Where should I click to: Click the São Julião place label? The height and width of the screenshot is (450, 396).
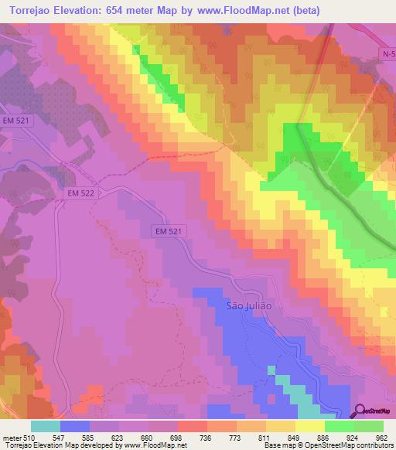click(x=248, y=305)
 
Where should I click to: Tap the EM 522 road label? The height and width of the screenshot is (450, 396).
click(x=80, y=194)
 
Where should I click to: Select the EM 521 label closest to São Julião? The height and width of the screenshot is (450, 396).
click(x=169, y=231)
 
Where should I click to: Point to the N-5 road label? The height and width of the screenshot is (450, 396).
click(x=387, y=53)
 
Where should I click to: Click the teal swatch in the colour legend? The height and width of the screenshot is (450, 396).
click(x=45, y=426)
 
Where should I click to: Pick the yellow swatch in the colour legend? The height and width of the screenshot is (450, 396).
click(x=309, y=426)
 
